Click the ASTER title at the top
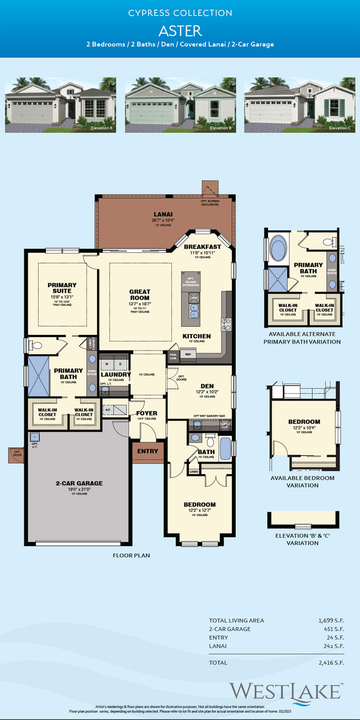pos(180,30)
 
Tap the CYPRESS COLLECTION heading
pos(180,13)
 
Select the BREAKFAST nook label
pos(205,246)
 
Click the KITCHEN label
pos(196,335)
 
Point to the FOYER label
pos(147,412)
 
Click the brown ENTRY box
pos(147,451)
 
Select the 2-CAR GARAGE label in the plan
pos(77,483)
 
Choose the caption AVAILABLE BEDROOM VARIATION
pos(304,478)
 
